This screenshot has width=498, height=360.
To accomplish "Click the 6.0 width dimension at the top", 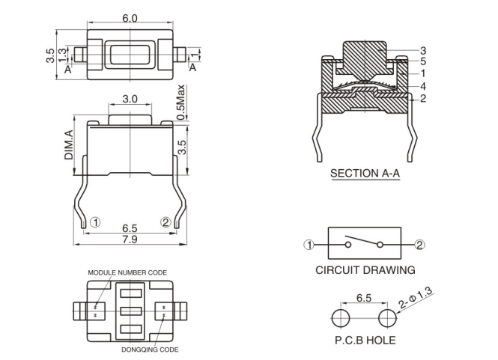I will point(130,18).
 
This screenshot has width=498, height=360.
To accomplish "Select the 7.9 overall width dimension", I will point(130,240).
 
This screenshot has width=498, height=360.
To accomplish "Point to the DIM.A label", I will point(68,144).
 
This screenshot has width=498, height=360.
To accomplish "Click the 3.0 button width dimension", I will point(130,99).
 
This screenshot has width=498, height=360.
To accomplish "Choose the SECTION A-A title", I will point(365,173).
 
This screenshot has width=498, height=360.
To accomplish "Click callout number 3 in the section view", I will point(422,49).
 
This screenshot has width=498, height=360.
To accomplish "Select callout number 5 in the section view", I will point(422,61).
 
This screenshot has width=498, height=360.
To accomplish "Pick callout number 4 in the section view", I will point(422,86).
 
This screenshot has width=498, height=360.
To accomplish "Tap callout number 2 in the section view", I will point(422,98).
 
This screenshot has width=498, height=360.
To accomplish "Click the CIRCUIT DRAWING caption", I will point(365,269).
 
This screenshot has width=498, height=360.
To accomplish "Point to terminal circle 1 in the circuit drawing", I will point(309,244).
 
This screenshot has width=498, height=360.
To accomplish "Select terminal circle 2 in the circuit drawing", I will point(420,244).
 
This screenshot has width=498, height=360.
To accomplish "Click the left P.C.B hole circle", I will point(341,317).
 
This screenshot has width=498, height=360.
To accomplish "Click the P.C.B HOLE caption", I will point(365,341).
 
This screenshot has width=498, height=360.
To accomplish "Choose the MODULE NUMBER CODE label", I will point(127,272).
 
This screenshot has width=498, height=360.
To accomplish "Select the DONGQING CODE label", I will point(150,349).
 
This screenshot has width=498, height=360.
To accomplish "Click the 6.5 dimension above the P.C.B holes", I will point(364,298).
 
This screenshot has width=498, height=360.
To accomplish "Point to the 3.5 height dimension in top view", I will point(49,55).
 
